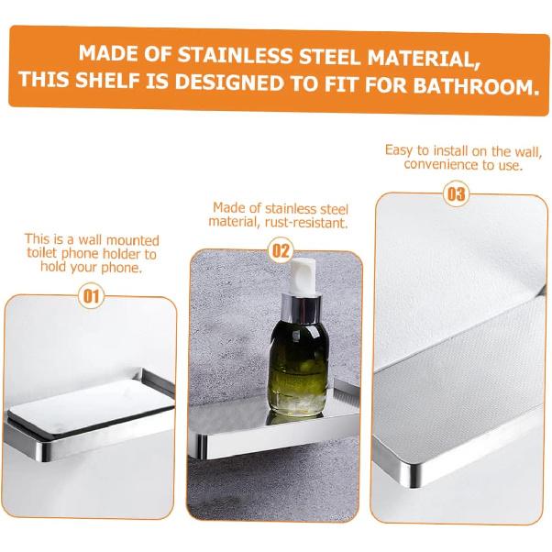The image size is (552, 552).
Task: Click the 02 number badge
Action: [x=282, y=249]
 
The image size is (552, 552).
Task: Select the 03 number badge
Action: [x=456, y=193]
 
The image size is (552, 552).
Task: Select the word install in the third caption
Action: [x=437, y=150]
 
